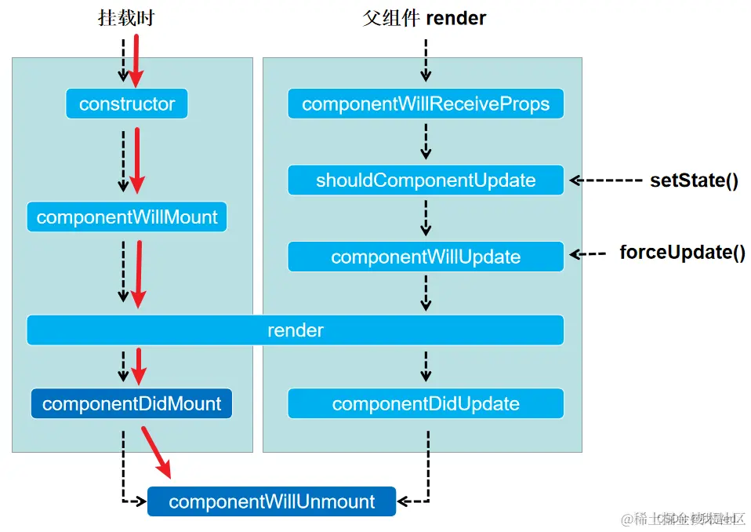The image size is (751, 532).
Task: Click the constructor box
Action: tap(127, 104)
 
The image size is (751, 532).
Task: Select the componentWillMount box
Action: tap(127, 217)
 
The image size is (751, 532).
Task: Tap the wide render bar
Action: tap(295, 330)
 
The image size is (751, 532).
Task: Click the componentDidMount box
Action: tap(132, 404)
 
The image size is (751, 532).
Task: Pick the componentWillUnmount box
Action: tap(272, 501)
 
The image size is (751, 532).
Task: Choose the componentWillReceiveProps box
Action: tap(426, 104)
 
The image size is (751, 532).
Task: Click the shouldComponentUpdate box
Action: tap(426, 180)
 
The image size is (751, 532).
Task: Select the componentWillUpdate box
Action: tap(426, 257)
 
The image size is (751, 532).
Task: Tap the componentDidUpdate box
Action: tap(426, 404)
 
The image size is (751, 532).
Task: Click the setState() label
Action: tap(694, 180)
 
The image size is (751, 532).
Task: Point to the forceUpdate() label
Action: tap(682, 253)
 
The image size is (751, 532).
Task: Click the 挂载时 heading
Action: tap(125, 18)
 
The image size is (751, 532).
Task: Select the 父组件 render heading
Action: tap(424, 18)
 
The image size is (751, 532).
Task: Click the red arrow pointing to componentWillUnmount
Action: tap(156, 451)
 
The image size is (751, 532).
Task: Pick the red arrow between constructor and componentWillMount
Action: tap(137, 160)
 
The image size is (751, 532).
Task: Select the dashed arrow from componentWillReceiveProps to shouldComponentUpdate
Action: tap(426, 142)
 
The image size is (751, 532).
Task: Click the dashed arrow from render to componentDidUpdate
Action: tap(426, 366)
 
